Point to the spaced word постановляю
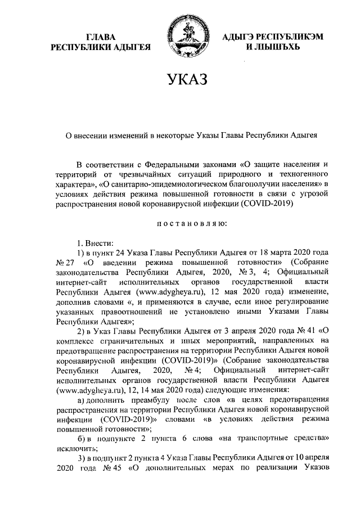[187, 239]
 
